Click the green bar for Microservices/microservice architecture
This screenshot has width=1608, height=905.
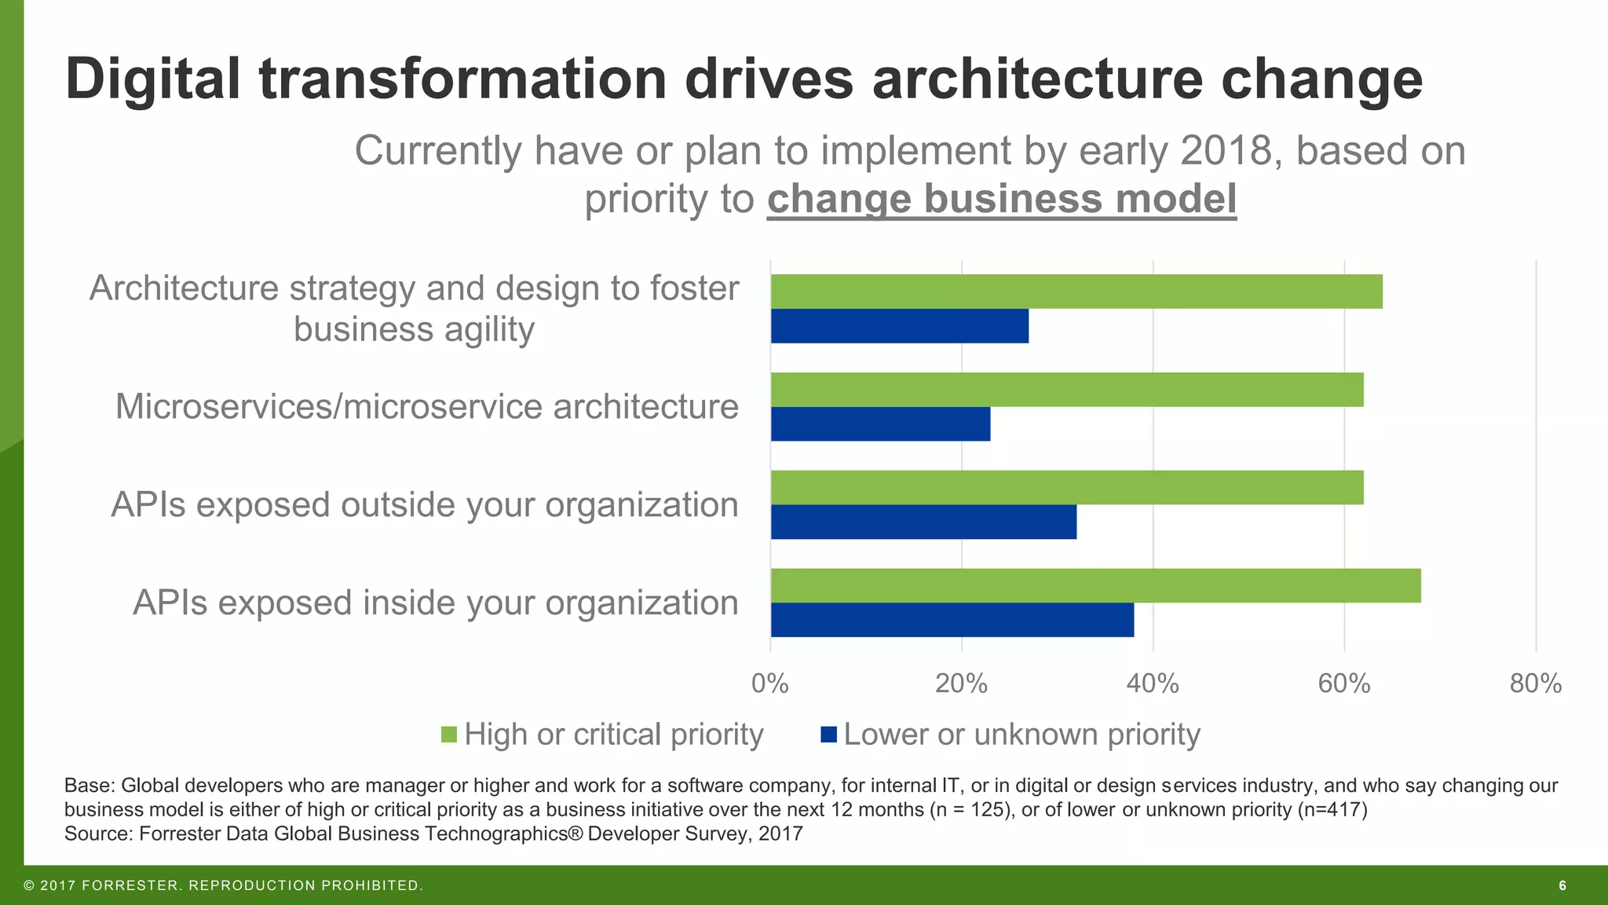1066,390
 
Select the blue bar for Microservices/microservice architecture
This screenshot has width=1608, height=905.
880,424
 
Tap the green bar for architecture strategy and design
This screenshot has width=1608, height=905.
1076,291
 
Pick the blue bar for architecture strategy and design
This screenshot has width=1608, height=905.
899,326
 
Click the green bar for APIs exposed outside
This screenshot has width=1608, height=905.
1066,487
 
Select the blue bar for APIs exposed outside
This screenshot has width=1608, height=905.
923,522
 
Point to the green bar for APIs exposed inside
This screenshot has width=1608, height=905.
1095,585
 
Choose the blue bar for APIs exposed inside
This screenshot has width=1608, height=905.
952,620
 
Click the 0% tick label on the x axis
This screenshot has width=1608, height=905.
769,684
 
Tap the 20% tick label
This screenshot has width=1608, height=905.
961,684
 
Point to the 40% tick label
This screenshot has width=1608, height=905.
1153,684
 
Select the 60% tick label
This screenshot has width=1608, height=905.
1344,684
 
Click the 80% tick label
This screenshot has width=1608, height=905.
1536,684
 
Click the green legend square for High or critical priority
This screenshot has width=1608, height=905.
448,735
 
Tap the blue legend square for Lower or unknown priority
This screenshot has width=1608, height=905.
828,735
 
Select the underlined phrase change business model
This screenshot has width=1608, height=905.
1001,199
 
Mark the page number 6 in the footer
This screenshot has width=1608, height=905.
1562,886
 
